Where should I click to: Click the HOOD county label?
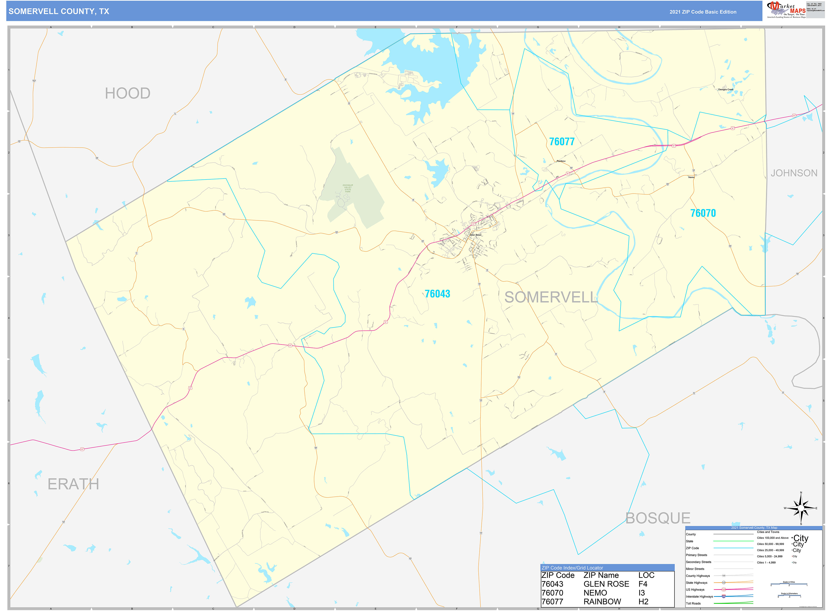tap(128, 94)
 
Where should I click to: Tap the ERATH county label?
tap(73, 484)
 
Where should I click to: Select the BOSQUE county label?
tap(658, 518)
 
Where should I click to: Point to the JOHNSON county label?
tap(794, 173)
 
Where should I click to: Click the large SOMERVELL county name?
tap(551, 297)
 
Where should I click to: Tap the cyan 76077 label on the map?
tap(562, 142)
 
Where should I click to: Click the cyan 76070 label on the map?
tap(703, 213)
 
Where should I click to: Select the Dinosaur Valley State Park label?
tap(348, 188)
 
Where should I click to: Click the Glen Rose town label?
tap(476, 235)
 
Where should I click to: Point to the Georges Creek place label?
tap(726, 90)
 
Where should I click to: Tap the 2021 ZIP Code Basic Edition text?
tap(703, 12)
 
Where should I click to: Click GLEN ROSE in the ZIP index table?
tap(606, 584)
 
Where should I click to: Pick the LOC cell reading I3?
tap(642, 593)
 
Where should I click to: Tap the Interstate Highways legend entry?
tap(699, 597)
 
